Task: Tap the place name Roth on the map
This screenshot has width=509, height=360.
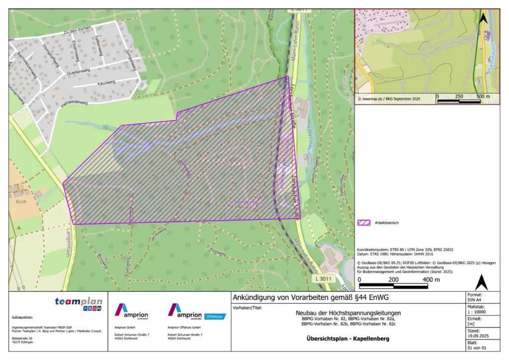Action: [21, 202]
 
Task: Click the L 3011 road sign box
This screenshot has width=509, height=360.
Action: [323, 279]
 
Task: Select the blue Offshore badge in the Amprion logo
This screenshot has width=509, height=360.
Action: [215, 316]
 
